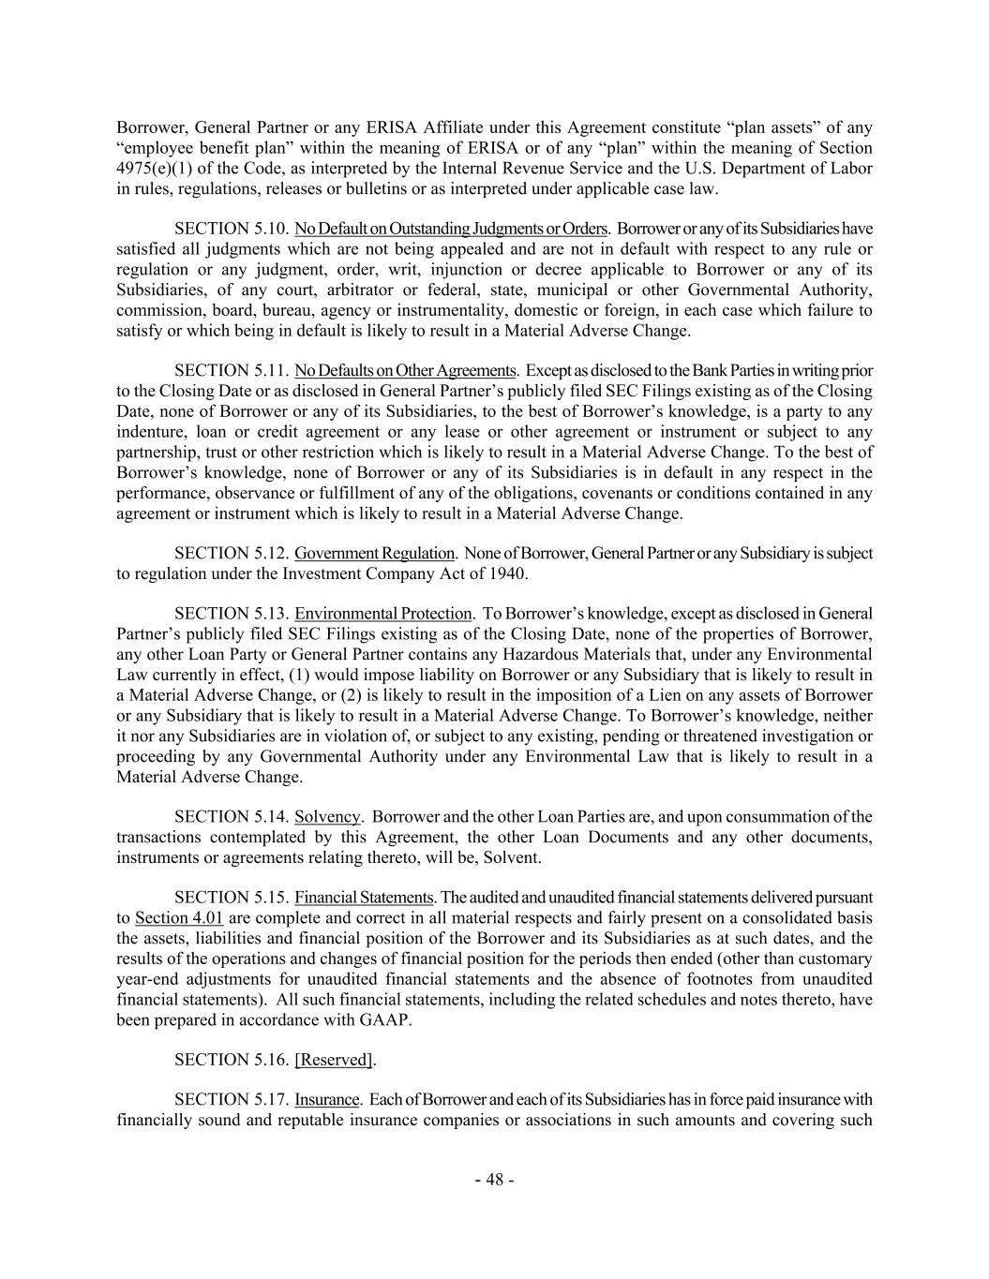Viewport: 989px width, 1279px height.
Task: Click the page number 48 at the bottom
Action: [x=494, y=1180]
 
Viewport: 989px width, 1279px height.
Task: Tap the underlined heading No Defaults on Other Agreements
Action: [x=405, y=370]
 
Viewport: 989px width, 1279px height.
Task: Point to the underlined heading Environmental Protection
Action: [x=382, y=614]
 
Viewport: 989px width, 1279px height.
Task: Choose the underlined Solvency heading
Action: [x=327, y=816]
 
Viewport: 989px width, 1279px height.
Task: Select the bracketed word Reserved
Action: [x=334, y=1059]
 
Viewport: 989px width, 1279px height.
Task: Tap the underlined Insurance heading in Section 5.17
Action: [x=327, y=1099]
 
